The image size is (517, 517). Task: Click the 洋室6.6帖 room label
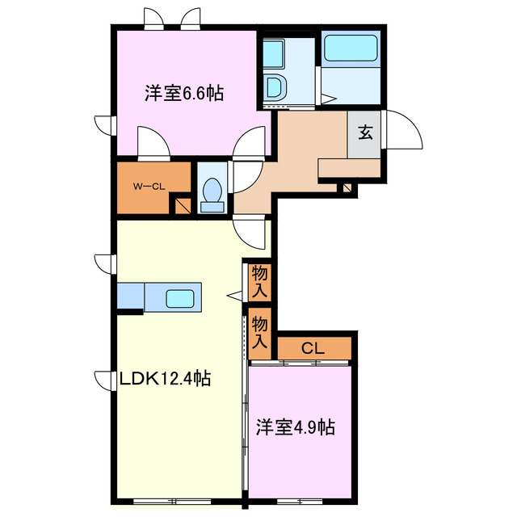click(x=184, y=94)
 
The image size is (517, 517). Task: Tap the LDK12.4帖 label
click(x=166, y=378)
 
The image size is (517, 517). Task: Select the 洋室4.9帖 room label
click(x=296, y=427)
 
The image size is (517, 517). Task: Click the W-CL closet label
click(x=149, y=186)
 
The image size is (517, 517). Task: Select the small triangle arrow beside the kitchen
click(x=234, y=296)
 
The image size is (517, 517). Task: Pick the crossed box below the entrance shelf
click(x=347, y=188)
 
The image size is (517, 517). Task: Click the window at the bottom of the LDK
click(x=178, y=501)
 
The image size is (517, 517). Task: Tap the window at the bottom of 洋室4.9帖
click(x=300, y=501)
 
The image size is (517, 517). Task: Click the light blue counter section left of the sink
click(x=130, y=296)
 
